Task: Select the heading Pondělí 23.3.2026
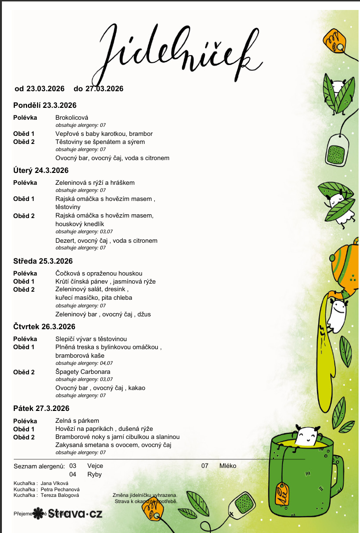pos(45,105)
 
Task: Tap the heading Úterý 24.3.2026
pos(41,171)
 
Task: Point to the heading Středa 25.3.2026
pos(43,261)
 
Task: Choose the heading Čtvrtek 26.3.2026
pos(44,327)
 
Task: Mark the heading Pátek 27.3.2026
pos(41,409)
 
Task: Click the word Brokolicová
pos(72,117)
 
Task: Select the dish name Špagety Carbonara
pos(83,371)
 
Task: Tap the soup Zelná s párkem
pos(77,420)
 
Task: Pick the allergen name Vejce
pos(95,466)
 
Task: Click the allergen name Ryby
pos(95,474)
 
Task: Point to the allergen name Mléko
pos(228,466)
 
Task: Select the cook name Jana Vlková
pos(54,483)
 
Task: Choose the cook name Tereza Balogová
pos(60,495)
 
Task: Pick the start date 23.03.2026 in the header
pos(46,89)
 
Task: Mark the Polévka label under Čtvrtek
pos(25,339)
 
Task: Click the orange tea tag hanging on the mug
pos(282,492)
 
